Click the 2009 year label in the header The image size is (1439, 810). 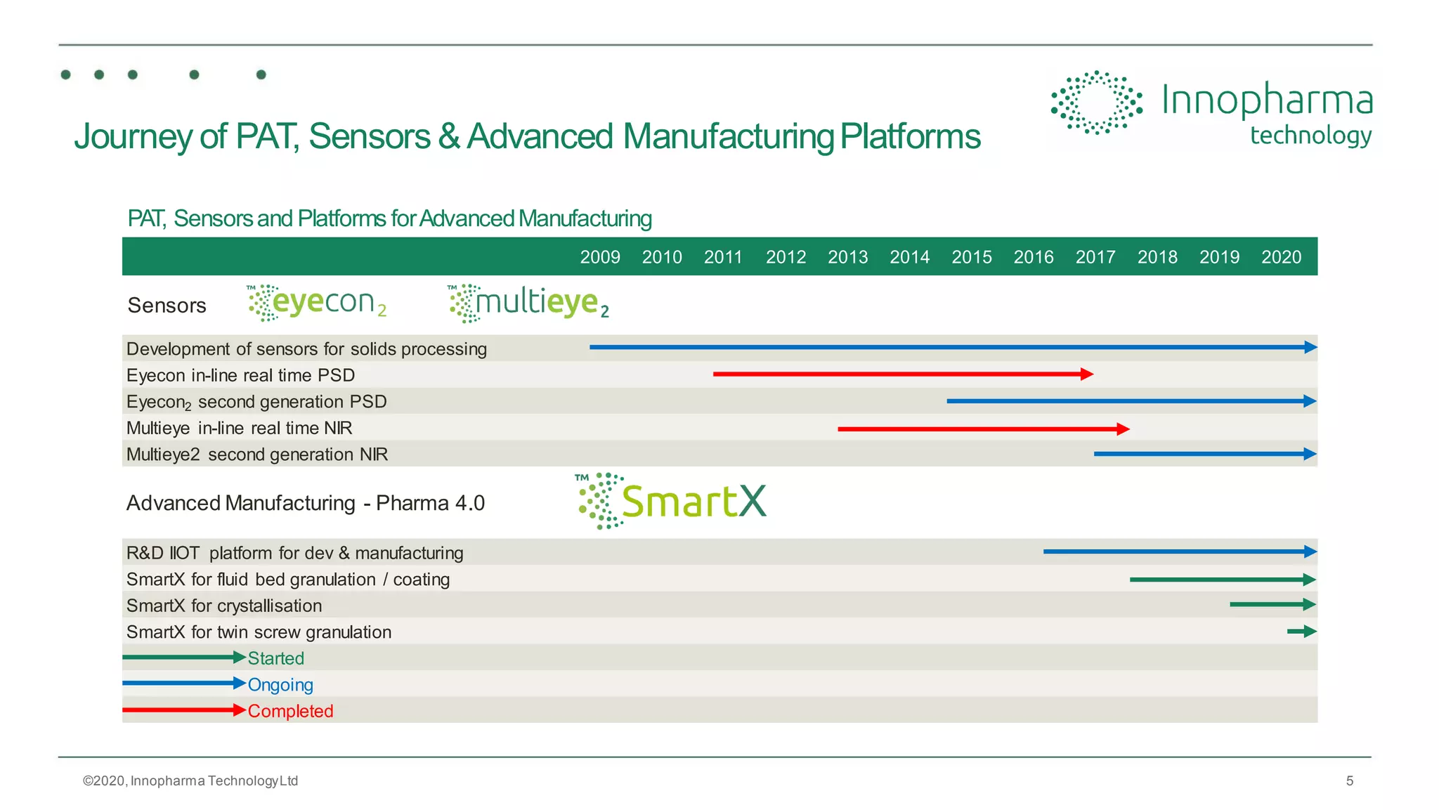(x=599, y=257)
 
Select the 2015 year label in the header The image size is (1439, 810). (x=971, y=257)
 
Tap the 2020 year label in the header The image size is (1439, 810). (x=1281, y=257)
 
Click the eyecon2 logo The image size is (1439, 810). (x=317, y=303)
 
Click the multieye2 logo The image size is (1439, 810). (x=528, y=303)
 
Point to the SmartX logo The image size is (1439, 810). (x=671, y=501)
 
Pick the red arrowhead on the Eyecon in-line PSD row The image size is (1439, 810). (x=1087, y=374)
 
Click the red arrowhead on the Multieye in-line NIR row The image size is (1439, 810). (x=1123, y=429)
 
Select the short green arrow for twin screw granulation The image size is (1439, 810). (x=1301, y=632)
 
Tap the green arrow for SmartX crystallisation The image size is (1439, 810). (x=1272, y=604)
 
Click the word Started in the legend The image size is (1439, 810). (x=275, y=658)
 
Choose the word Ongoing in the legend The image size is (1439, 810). (x=280, y=685)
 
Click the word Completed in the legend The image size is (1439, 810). (x=290, y=711)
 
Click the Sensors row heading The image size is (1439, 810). (x=167, y=306)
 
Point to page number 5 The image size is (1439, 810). (x=1349, y=780)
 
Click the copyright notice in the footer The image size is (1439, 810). (x=190, y=780)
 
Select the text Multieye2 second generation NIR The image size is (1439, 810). (x=256, y=455)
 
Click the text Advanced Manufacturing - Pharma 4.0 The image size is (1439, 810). (x=305, y=503)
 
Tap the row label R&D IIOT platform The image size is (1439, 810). (x=294, y=553)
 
